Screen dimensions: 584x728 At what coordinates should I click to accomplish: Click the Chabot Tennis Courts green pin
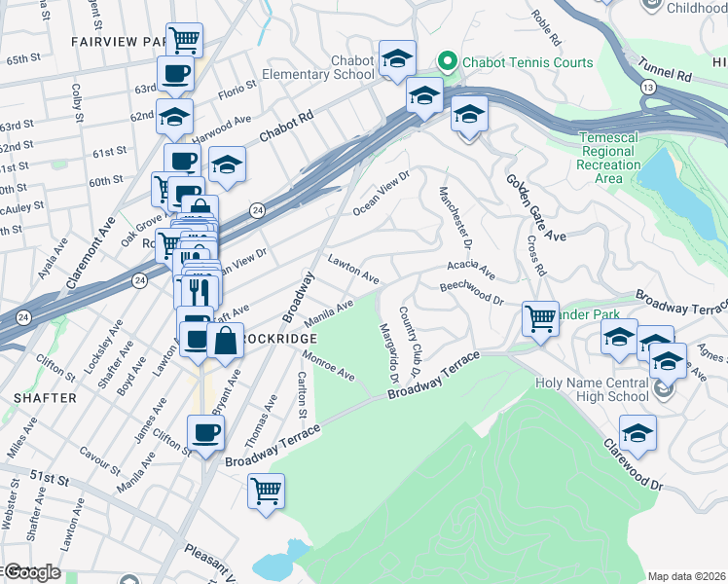[x=448, y=62]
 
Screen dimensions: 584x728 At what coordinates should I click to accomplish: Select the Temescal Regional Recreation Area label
[x=608, y=158]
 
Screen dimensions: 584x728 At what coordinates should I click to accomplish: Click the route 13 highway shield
[x=647, y=87]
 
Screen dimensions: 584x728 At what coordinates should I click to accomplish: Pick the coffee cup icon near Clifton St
[x=205, y=432]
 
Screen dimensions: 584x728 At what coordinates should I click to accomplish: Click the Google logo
[x=31, y=572]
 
